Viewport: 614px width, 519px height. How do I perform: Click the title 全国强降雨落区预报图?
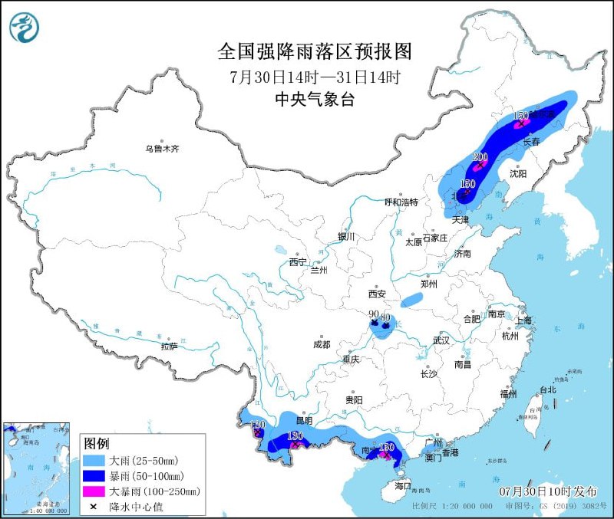pyautogui.click(x=315, y=51)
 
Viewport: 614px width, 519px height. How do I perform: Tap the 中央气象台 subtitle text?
pyautogui.click(x=315, y=99)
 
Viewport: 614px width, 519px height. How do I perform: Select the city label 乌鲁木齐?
pyautogui.click(x=162, y=149)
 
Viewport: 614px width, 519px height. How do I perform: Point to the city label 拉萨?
pyautogui.click(x=170, y=347)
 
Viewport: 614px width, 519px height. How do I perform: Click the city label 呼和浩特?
pyautogui.click(x=401, y=202)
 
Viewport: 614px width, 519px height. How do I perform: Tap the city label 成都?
pyautogui.click(x=321, y=344)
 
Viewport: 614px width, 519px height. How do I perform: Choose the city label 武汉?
pyautogui.click(x=441, y=340)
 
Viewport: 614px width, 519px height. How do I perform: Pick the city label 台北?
pyautogui.click(x=547, y=389)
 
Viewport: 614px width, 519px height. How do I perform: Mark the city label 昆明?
pyautogui.click(x=305, y=420)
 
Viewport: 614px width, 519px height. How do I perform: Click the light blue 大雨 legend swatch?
pyautogui.click(x=94, y=461)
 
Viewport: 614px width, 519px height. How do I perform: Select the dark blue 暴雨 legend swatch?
pyautogui.click(x=94, y=476)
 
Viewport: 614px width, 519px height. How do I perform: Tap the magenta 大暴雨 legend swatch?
pyautogui.click(x=94, y=491)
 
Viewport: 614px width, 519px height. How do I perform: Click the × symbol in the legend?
pyautogui.click(x=94, y=506)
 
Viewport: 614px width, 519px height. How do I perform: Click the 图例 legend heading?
pyautogui.click(x=96, y=444)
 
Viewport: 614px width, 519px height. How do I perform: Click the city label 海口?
pyautogui.click(x=403, y=486)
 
